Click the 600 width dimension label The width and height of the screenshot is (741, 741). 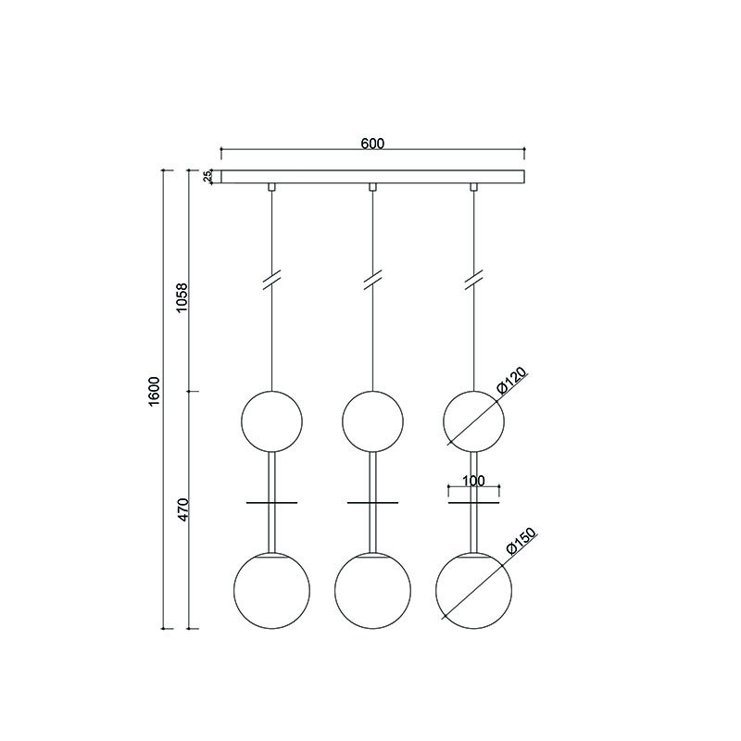point(373,144)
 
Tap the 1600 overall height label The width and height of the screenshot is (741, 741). point(155,391)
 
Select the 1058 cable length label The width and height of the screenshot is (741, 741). point(182,296)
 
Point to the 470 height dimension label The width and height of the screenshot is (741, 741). point(182,509)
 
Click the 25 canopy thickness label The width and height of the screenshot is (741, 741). point(207,177)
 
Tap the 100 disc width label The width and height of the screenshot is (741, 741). point(473,481)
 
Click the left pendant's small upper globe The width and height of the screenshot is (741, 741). point(242,421)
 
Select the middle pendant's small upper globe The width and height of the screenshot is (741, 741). point(342,421)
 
